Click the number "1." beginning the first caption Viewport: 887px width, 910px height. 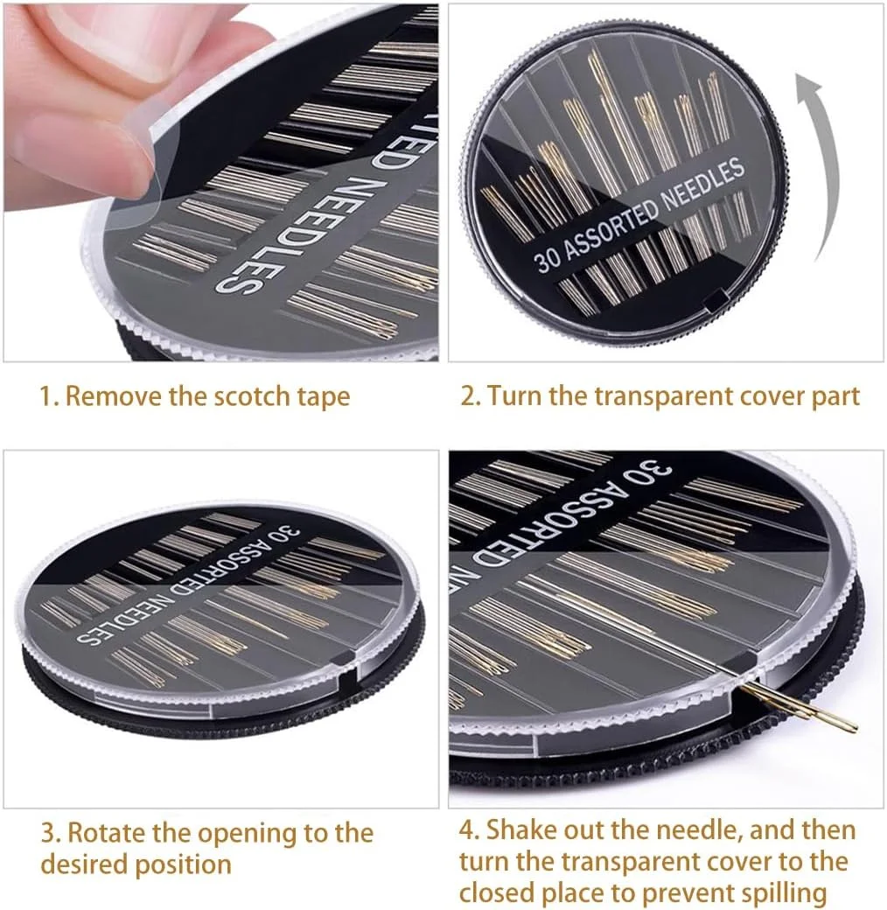click(x=50, y=397)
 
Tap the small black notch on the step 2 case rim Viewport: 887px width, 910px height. click(x=716, y=299)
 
